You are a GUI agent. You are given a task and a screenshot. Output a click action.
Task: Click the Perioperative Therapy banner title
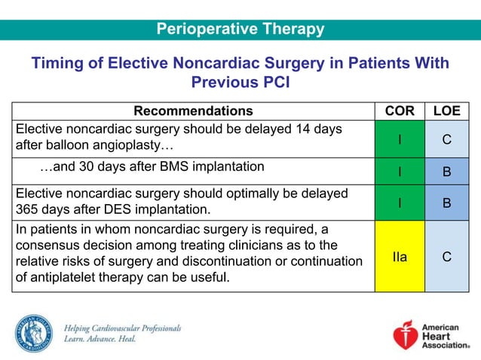point(240,29)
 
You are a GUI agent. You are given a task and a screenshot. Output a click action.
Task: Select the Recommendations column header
point(193,111)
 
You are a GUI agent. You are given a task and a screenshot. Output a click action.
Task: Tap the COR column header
point(399,111)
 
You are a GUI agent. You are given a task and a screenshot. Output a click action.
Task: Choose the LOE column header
point(446,111)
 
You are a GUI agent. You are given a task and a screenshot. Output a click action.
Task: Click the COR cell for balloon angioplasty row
point(399,139)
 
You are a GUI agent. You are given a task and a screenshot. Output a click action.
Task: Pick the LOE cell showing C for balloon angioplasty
point(446,139)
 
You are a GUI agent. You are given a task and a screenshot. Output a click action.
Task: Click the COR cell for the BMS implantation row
point(399,171)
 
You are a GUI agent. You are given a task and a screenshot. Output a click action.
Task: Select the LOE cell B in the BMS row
point(446,171)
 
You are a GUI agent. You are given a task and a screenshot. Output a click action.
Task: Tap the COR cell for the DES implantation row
point(399,203)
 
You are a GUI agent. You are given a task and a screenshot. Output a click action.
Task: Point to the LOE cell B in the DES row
point(446,203)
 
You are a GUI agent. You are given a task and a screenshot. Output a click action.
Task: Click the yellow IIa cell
point(399,257)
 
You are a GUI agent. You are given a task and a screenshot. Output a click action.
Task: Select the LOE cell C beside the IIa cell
point(446,257)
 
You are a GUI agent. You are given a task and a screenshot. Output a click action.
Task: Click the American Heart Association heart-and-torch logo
point(406,334)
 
